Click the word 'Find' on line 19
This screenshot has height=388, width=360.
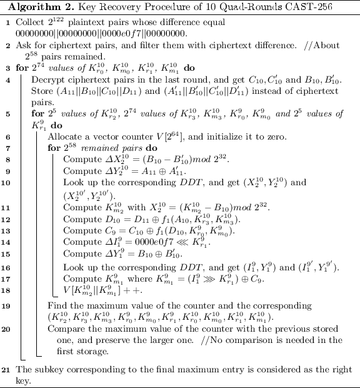[x=56, y=304]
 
